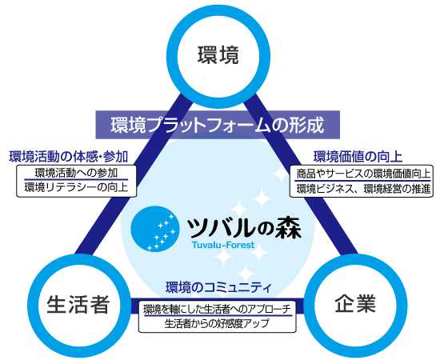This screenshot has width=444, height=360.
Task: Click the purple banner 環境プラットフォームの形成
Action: tap(218, 125)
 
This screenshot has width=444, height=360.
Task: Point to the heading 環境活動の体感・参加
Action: tap(69, 157)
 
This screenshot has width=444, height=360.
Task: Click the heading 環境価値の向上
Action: tap(358, 157)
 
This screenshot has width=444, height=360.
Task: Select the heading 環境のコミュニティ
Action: tap(218, 287)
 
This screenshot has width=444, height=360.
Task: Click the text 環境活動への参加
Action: tap(76, 173)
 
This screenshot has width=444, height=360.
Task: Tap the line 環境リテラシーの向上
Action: tap(76, 187)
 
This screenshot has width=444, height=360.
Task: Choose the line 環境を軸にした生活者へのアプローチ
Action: tap(217, 309)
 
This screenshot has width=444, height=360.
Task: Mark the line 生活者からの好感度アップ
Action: tap(217, 323)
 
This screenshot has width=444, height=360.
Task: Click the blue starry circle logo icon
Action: tap(155, 229)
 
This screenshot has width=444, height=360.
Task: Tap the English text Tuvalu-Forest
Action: tap(223, 245)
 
